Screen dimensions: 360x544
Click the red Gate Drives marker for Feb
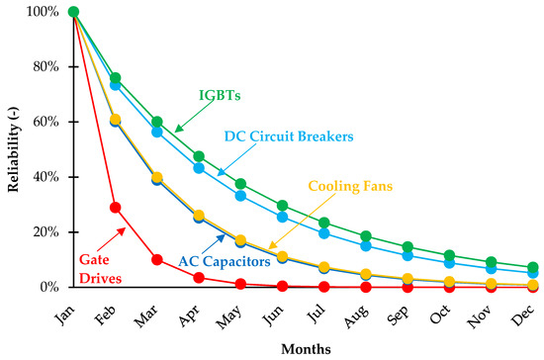coord(115,208)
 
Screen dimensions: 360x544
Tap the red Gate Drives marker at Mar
coord(156,259)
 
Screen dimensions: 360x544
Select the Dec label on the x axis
coord(524,311)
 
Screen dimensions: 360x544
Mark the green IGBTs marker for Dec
coord(532,267)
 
